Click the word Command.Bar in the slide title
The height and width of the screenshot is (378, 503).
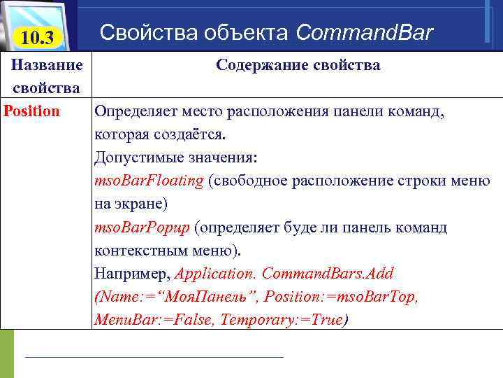coord(364,32)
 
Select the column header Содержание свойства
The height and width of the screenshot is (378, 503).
coord(298,65)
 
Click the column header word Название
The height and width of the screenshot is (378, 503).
coord(46,65)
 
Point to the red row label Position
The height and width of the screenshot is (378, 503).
coord(32,111)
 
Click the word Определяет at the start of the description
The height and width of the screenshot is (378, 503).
coord(135,111)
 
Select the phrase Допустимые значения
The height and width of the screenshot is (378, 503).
coord(175,157)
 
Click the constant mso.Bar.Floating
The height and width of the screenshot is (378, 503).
coord(149,181)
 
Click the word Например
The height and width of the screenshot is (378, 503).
coord(131,274)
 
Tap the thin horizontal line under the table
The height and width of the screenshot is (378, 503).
coord(154,357)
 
